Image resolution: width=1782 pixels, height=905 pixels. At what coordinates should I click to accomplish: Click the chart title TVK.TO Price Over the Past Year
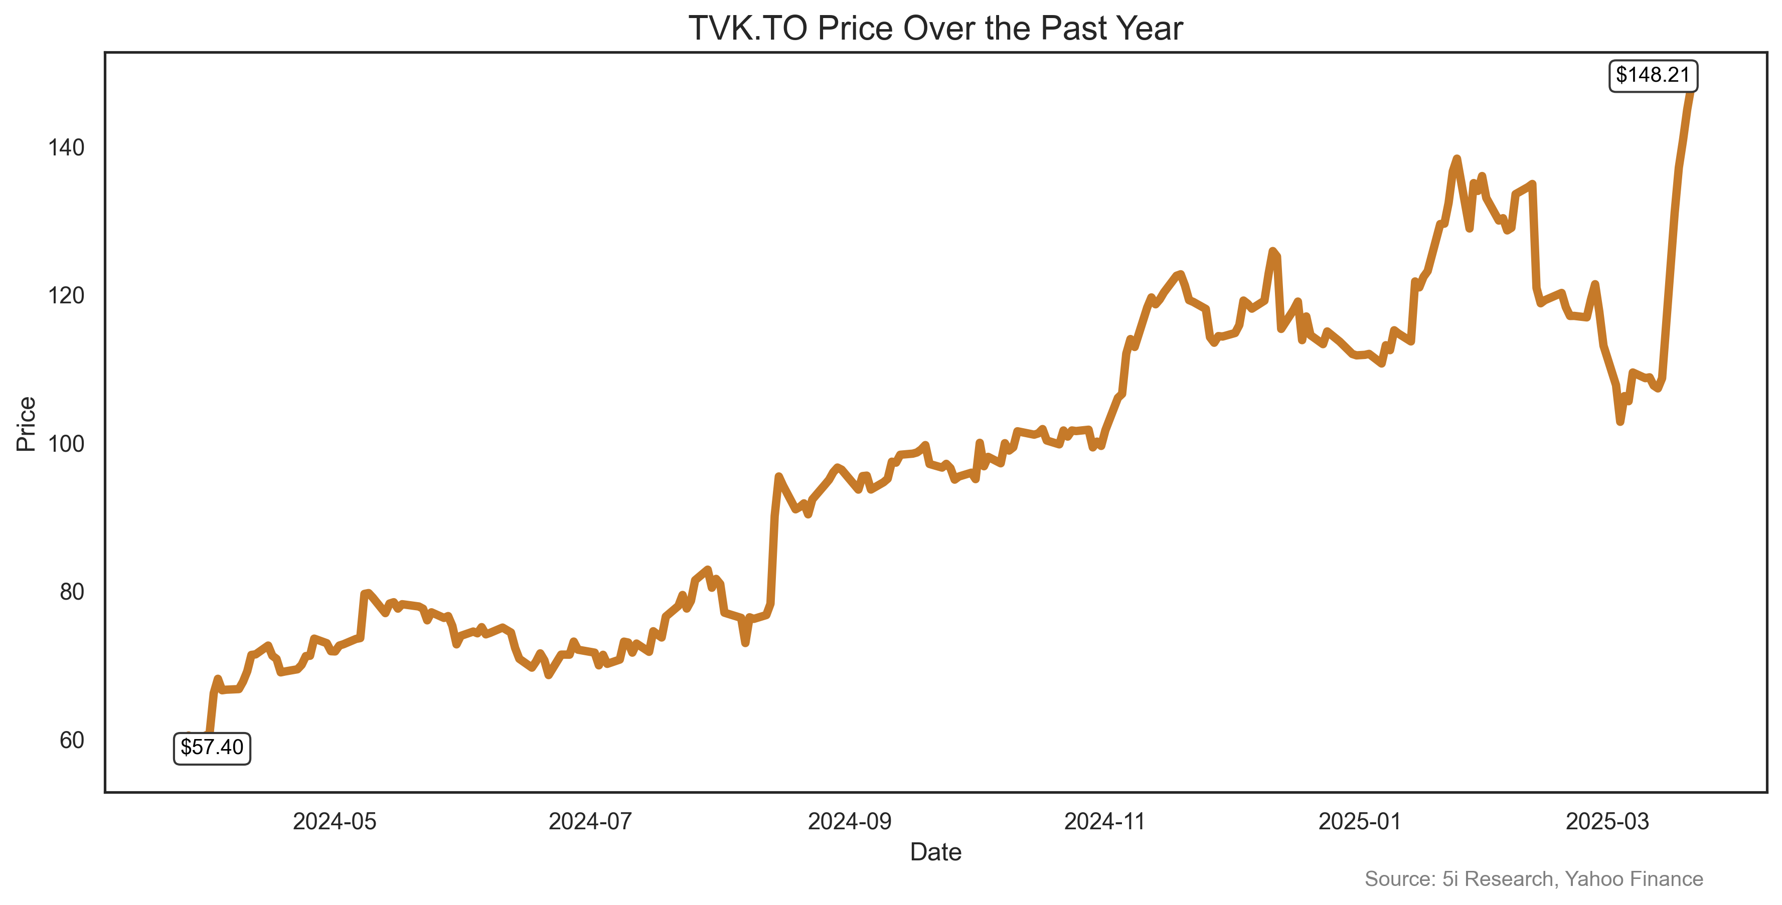click(935, 29)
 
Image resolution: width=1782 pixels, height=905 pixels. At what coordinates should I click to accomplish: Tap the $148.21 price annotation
click(1653, 75)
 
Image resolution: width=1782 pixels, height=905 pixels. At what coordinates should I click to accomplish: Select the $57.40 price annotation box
click(212, 748)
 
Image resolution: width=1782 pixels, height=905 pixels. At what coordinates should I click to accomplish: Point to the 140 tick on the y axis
click(66, 147)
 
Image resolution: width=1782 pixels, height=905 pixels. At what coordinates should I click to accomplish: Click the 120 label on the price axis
click(66, 295)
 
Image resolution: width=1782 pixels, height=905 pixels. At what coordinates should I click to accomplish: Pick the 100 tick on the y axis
click(66, 443)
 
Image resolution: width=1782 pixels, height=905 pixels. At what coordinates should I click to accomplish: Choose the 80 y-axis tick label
click(71, 592)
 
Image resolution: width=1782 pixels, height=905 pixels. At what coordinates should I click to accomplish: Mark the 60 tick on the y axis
click(71, 740)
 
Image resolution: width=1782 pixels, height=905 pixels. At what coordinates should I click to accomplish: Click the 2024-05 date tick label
click(334, 821)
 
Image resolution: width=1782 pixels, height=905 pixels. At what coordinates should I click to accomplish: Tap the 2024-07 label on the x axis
click(590, 821)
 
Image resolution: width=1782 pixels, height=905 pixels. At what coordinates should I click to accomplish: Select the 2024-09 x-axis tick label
click(850, 821)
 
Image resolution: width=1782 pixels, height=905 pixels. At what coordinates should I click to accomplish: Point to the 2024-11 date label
click(1105, 821)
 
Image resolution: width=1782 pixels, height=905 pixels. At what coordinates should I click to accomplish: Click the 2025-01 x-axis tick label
click(1359, 821)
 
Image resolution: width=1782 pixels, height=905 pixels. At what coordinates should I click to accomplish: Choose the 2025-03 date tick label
click(1607, 821)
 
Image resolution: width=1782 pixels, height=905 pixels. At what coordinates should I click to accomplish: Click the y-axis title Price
click(26, 424)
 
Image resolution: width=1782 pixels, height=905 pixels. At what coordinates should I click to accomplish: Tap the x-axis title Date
click(935, 852)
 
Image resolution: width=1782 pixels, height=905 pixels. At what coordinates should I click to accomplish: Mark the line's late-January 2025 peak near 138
click(1457, 159)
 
